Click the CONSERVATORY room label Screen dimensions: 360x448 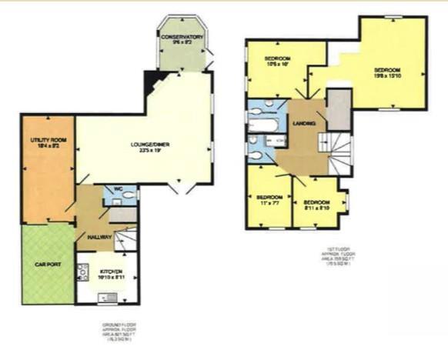pos(182,36)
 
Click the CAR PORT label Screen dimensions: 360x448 pos(47,264)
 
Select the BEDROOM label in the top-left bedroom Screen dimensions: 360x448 pos(277,58)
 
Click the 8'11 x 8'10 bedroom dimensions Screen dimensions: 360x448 pos(317,207)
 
